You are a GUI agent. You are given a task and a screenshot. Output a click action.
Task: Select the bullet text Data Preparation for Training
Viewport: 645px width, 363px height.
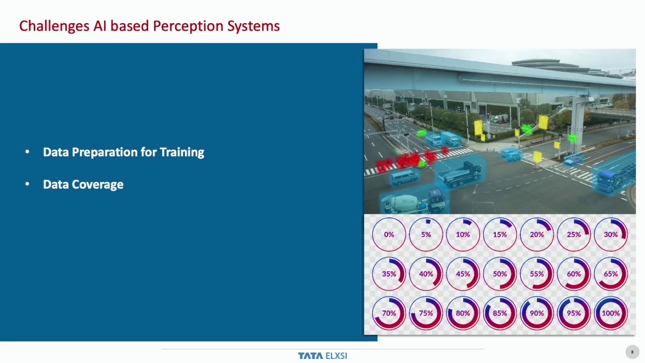[123, 152]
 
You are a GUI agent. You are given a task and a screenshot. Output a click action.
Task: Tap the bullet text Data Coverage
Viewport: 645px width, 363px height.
[83, 185]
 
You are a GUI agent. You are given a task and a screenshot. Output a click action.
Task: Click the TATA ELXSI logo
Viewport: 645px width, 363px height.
[322, 356]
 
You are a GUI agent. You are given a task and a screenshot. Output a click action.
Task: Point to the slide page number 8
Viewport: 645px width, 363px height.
[632, 352]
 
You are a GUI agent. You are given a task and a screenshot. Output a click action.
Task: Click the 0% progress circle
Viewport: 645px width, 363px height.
[389, 234]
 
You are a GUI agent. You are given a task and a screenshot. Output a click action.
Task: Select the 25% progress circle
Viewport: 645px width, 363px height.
[573, 234]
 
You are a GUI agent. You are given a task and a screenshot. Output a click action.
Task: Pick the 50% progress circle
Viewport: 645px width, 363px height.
[500, 274]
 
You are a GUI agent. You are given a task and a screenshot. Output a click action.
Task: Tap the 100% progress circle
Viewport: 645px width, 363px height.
[611, 313]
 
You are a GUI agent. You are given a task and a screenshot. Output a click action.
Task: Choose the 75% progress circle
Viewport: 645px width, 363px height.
[426, 313]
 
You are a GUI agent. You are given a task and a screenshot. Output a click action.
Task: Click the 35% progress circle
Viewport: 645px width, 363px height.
[389, 274]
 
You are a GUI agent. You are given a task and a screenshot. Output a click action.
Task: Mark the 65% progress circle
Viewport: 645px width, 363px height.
[611, 274]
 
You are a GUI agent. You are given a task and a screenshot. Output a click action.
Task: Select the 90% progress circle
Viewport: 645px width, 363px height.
[537, 313]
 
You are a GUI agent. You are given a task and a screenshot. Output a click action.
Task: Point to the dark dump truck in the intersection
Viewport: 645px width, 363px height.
[460, 173]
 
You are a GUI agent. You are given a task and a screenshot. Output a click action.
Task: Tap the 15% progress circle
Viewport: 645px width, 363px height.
[500, 234]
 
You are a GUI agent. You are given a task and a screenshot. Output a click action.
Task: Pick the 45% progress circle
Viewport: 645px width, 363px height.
[463, 274]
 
